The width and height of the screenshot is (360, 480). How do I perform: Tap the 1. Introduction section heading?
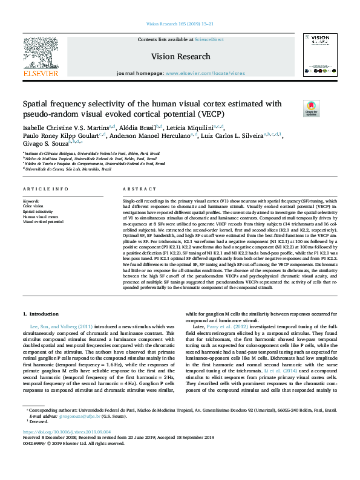click(x=41, y=314)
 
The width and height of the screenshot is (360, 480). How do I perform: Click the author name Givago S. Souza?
click(x=44, y=144)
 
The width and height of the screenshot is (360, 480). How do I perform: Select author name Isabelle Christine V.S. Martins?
click(x=65, y=128)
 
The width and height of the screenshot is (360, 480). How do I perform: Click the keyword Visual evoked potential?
click(x=42, y=222)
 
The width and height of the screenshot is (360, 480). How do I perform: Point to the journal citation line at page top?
click(x=180, y=24)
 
